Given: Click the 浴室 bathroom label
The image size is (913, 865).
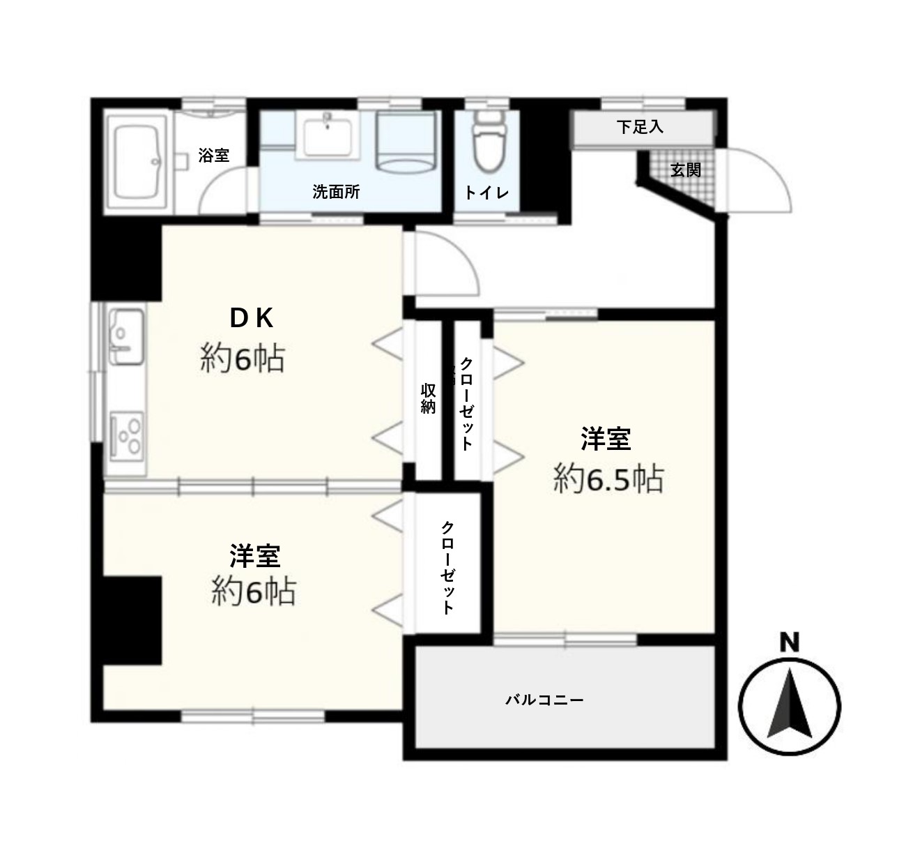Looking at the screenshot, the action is pos(214,156).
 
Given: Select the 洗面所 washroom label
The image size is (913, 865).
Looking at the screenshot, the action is pos(336,192).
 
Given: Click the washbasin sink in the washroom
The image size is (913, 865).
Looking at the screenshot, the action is pos(327,137).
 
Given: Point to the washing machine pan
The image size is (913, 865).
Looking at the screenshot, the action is pos(407,141).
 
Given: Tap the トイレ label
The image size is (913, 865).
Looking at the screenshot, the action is pos(486,193).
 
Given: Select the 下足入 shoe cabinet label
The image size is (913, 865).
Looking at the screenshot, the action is pos(640,127).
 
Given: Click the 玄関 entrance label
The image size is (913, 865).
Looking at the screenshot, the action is pos(685,170).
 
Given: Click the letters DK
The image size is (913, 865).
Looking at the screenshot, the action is pos(251,318).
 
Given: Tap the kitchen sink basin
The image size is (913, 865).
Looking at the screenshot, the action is pos(125,336).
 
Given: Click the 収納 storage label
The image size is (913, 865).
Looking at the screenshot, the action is pos(428,398).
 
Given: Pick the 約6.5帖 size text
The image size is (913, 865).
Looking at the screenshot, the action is pos(608,479).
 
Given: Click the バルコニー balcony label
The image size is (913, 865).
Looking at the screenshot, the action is pos(544,700).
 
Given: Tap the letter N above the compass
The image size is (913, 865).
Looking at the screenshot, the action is pos(789,643).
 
